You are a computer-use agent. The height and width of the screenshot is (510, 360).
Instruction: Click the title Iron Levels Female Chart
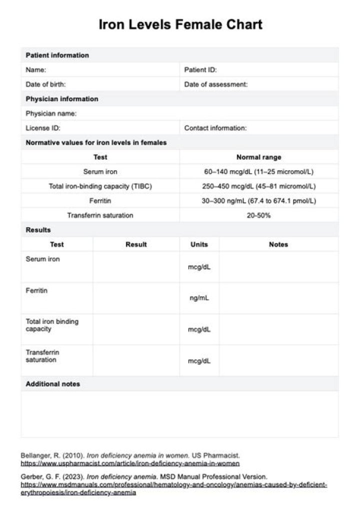coord(180,25)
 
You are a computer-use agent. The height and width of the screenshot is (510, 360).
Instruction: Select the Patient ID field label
coord(200,70)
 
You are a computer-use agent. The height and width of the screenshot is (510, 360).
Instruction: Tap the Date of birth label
coord(45,85)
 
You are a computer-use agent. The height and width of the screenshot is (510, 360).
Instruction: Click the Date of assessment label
coord(215,85)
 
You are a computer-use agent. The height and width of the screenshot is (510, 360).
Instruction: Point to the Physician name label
coord(51,114)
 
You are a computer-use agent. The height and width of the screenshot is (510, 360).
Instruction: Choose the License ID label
coord(43,128)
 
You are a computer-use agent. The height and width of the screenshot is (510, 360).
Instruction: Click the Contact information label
coord(215,128)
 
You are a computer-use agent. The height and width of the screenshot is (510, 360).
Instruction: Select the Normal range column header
coord(258,157)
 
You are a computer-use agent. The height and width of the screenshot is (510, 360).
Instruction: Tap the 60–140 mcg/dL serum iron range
coord(258,172)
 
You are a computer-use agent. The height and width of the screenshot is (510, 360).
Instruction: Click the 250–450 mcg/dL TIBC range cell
coord(258,186)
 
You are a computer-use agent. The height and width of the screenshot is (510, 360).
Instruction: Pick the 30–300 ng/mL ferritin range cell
coord(258,201)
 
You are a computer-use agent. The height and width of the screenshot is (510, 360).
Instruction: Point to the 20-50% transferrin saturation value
coord(258,215)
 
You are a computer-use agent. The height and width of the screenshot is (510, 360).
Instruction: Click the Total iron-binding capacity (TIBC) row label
coord(100,186)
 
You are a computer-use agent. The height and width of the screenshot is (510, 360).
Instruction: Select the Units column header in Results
coord(199,244)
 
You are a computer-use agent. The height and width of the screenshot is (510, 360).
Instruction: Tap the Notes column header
coord(278,244)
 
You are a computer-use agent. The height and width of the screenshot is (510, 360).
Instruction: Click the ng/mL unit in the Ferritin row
coord(199,298)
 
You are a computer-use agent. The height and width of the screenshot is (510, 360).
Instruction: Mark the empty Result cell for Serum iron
coord(136,267)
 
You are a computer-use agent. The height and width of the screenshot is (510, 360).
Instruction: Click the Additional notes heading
coord(52,384)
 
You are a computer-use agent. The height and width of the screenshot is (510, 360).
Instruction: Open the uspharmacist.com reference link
coord(130,463)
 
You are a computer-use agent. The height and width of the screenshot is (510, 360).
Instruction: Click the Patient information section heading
coord(57,55)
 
